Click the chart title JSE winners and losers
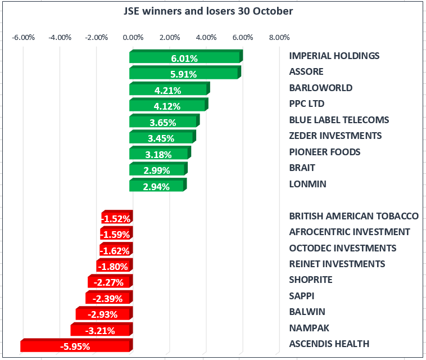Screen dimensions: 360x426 tap(208, 11)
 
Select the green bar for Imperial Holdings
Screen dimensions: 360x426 tap(185, 57)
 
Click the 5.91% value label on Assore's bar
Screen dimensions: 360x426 tap(184, 74)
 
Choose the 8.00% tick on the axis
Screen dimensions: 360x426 tap(279, 38)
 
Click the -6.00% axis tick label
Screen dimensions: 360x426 tap(24, 38)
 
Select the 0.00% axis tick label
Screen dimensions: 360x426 tap(133, 38)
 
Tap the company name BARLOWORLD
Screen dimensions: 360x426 tap(320, 88)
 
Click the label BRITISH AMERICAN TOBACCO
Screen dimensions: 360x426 tap(354, 216)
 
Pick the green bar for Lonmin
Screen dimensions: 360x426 tap(157, 186)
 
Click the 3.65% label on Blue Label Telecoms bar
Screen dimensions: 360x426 tap(164, 122)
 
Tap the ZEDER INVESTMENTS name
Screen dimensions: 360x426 tap(335, 136)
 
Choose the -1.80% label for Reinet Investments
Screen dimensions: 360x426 tap(115, 266)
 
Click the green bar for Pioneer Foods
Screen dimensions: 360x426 tap(160, 154)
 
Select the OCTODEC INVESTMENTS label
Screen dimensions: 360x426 tap(342, 248)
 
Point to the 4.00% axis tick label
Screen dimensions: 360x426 tap(206, 38)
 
